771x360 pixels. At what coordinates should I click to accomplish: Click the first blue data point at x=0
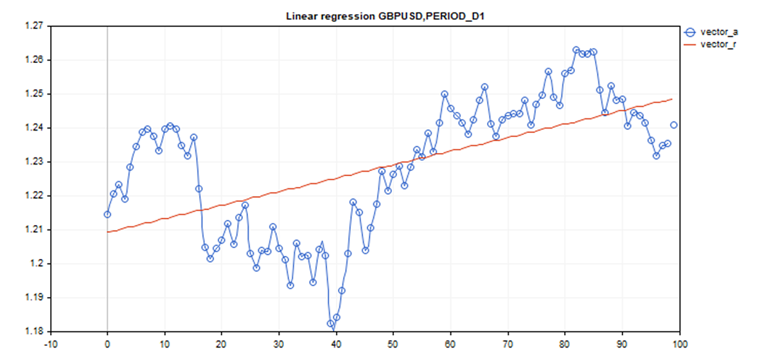coord(107,214)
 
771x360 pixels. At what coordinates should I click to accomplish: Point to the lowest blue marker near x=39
coord(331,324)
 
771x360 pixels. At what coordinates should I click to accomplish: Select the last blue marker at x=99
coord(674,125)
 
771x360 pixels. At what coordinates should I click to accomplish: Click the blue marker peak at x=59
coord(445,94)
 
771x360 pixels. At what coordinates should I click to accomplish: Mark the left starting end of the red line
coord(107,232)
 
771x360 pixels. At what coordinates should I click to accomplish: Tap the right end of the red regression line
coord(672,99)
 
